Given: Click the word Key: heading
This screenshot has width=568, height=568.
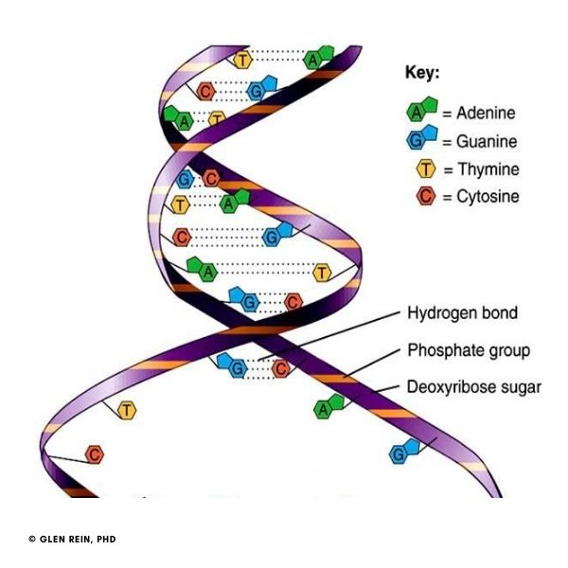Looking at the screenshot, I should point(422,73).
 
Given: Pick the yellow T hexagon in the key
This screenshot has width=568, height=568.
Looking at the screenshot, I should point(425,170).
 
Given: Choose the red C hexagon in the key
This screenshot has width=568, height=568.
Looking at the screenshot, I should point(425,198).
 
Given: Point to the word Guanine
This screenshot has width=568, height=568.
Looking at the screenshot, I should point(487,142).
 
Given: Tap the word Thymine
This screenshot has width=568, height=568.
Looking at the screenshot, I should point(488,170).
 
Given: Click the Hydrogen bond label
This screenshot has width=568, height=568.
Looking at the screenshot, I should point(462,313).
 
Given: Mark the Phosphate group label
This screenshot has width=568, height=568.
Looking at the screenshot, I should point(468,350).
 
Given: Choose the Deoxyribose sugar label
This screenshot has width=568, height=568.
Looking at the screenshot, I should point(473,387).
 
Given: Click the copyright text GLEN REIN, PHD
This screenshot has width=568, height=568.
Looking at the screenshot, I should point(78,540).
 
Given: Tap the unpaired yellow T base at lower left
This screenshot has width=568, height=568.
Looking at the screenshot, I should point(126,410).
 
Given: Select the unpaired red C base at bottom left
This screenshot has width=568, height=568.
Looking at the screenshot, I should point(94,455).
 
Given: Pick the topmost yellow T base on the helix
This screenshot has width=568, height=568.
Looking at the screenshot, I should point(243,61).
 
